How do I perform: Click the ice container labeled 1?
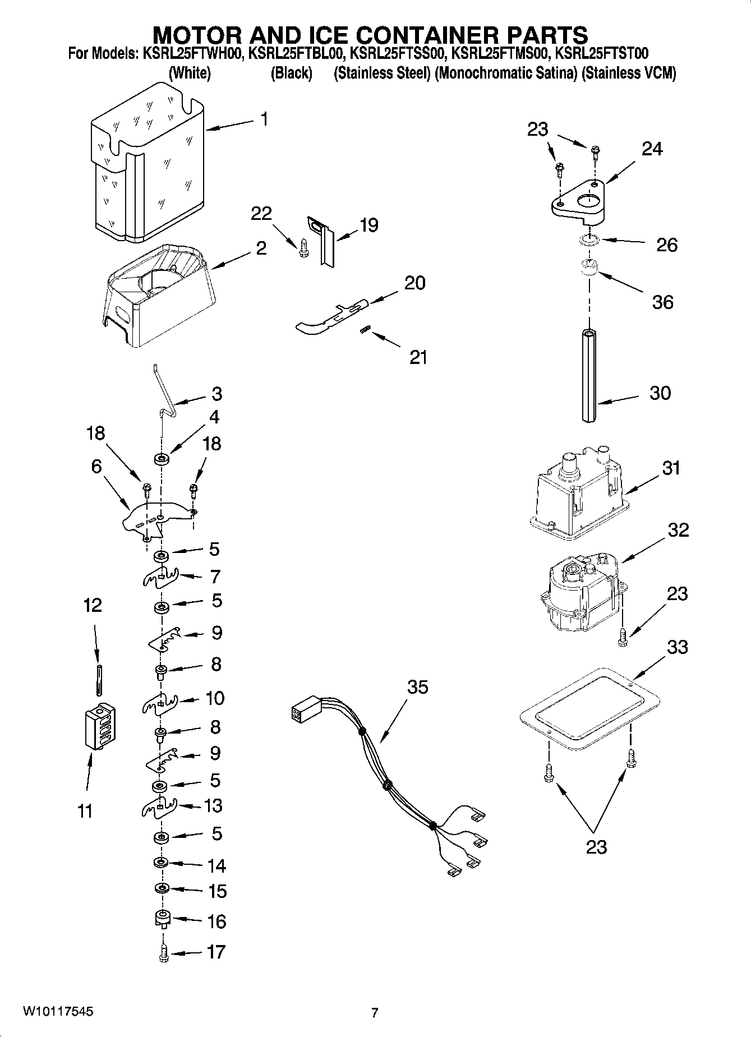pos(149,168)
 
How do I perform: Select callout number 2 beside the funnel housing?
pos(261,248)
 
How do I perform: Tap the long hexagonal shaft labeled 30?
pos(588,375)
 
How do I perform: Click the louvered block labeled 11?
pos(100,726)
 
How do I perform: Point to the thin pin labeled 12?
pos(99,679)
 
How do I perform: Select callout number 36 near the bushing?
pos(662,302)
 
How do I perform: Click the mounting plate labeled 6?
pos(157,519)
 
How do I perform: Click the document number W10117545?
pos(58,1012)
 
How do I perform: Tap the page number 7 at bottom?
pos(374,1012)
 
